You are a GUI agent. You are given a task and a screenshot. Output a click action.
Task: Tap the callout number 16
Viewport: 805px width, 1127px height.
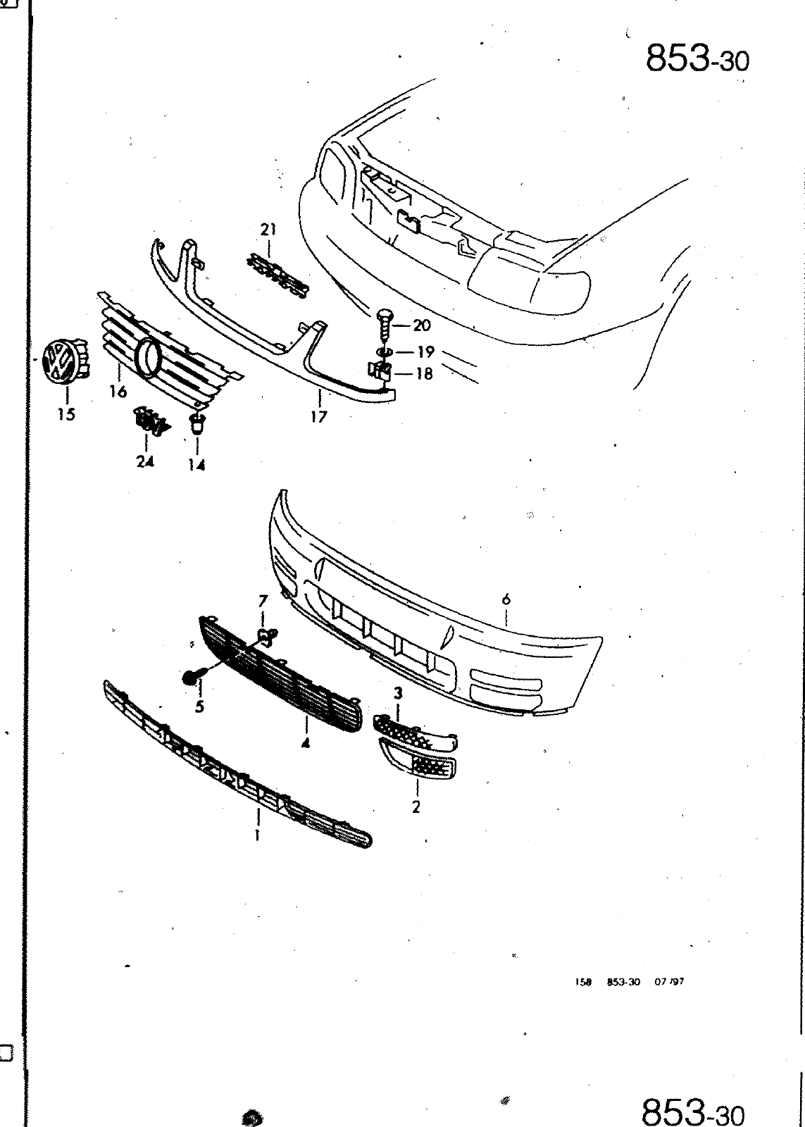point(118,392)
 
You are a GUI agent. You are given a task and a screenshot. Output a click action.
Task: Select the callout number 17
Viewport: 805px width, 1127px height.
point(318,417)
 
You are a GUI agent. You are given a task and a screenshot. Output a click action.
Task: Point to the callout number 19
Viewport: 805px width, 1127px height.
point(426,351)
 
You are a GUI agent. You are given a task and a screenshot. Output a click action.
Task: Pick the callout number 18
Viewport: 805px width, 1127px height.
point(424,373)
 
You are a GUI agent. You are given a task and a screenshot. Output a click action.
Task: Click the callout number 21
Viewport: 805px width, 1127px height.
point(268,230)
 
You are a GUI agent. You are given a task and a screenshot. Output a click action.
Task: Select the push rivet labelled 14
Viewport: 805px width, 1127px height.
point(197,424)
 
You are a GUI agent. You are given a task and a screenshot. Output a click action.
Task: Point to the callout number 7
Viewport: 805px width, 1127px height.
point(263,601)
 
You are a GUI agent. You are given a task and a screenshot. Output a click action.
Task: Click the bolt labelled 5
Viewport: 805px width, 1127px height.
point(191,677)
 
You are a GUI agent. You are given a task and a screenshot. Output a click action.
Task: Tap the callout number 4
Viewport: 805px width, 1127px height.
point(306,743)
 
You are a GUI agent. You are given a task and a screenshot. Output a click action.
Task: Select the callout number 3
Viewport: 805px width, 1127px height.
point(398,694)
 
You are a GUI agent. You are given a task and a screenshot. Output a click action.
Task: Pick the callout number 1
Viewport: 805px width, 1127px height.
point(258,836)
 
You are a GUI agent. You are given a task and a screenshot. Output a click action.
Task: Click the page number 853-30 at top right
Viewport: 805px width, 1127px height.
point(697,60)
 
